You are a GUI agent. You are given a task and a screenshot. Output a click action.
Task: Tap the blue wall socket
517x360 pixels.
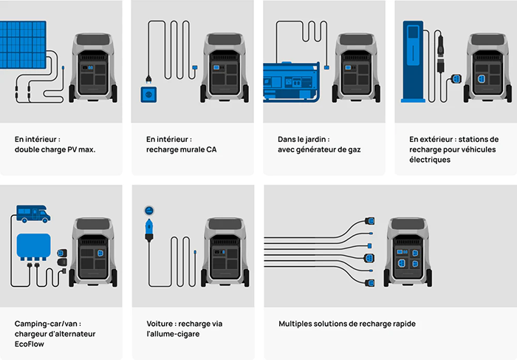click(x=150, y=95)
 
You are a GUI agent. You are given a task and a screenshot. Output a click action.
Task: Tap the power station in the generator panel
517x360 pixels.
click(x=357, y=70)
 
